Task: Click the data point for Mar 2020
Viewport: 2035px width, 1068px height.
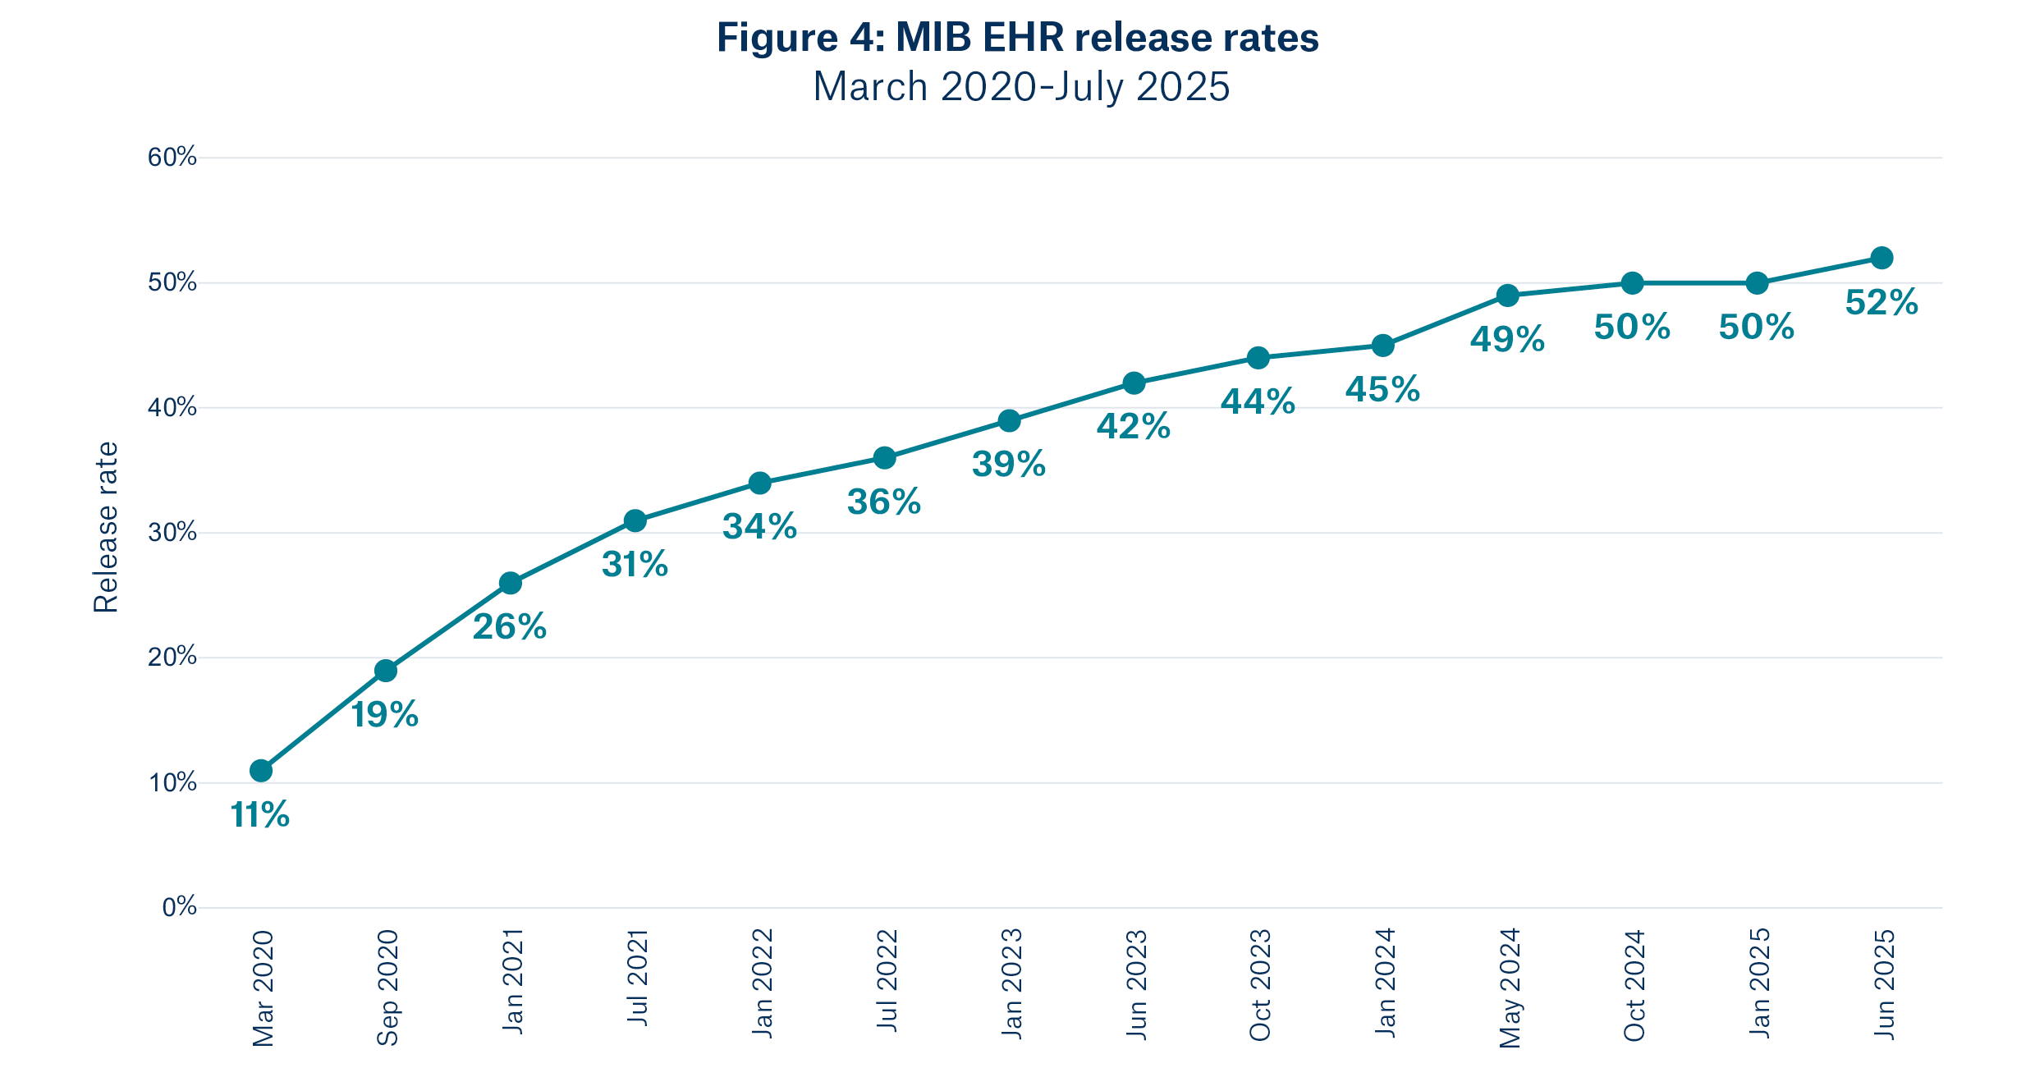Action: click(x=261, y=771)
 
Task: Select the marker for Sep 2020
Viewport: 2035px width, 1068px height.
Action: click(x=386, y=671)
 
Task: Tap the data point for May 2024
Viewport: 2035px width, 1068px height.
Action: click(x=1507, y=296)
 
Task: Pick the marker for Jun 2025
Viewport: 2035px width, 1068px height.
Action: click(x=1881, y=258)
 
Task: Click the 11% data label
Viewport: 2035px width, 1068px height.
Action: click(x=260, y=815)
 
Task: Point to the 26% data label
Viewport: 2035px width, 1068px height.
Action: click(x=510, y=627)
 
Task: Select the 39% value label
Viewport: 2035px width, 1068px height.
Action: click(x=1009, y=465)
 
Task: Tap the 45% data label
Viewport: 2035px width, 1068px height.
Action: click(x=1382, y=390)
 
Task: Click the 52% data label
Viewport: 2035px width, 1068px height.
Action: click(x=1881, y=303)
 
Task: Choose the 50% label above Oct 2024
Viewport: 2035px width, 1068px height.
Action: click(x=1632, y=328)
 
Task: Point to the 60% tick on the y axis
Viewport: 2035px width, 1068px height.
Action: click(x=172, y=158)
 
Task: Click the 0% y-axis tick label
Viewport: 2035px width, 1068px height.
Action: click(x=179, y=907)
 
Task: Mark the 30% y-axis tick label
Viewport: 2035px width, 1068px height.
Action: click(x=172, y=533)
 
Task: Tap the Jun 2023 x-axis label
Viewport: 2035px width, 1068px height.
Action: click(x=1135, y=983)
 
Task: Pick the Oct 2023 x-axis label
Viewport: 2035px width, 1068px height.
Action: click(x=1259, y=985)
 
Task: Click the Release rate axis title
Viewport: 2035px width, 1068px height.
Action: click(x=106, y=527)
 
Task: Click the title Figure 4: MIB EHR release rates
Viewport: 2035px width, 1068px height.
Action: click(x=1017, y=38)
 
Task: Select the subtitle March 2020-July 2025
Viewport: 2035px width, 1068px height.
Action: click(x=1020, y=87)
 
